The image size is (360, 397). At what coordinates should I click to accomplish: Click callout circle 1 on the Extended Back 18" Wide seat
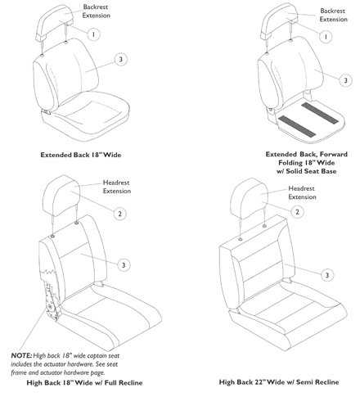pyautogui.click(x=93, y=34)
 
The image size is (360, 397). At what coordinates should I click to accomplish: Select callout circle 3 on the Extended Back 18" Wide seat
pyautogui.click(x=121, y=59)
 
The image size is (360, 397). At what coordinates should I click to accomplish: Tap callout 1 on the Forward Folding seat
pyautogui.click(x=326, y=37)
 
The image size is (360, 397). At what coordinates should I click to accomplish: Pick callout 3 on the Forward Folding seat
pyautogui.click(x=345, y=80)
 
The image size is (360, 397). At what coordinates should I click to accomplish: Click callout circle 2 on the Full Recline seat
pyautogui.click(x=120, y=214)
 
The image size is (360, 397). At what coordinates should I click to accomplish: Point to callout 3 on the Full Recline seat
pyautogui.click(x=124, y=265)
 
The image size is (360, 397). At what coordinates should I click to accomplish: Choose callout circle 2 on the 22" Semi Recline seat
pyautogui.click(x=297, y=212)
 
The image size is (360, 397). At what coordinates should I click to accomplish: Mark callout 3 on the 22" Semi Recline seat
pyautogui.click(x=327, y=275)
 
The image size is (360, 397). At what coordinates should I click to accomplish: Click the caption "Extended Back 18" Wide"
pyautogui.click(x=81, y=155)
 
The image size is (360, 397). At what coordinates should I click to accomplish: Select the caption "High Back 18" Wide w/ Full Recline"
pyautogui.click(x=84, y=382)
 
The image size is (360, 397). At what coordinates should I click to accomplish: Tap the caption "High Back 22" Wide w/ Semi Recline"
pyautogui.click(x=279, y=381)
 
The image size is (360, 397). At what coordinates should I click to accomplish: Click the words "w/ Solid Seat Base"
pyautogui.click(x=307, y=171)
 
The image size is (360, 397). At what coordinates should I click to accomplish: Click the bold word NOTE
pyautogui.click(x=21, y=355)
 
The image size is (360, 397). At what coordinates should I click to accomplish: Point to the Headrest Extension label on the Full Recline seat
pyautogui.click(x=117, y=187)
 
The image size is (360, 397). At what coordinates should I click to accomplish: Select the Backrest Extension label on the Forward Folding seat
pyautogui.click(x=334, y=15)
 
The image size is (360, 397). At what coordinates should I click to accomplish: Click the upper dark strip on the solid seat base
pyautogui.click(x=320, y=113)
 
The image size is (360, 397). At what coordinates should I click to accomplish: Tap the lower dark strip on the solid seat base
pyautogui.click(x=297, y=126)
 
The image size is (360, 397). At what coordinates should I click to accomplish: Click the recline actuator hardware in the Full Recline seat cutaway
pyautogui.click(x=51, y=300)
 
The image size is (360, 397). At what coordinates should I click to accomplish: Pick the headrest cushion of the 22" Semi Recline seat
pyautogui.click(x=249, y=198)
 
